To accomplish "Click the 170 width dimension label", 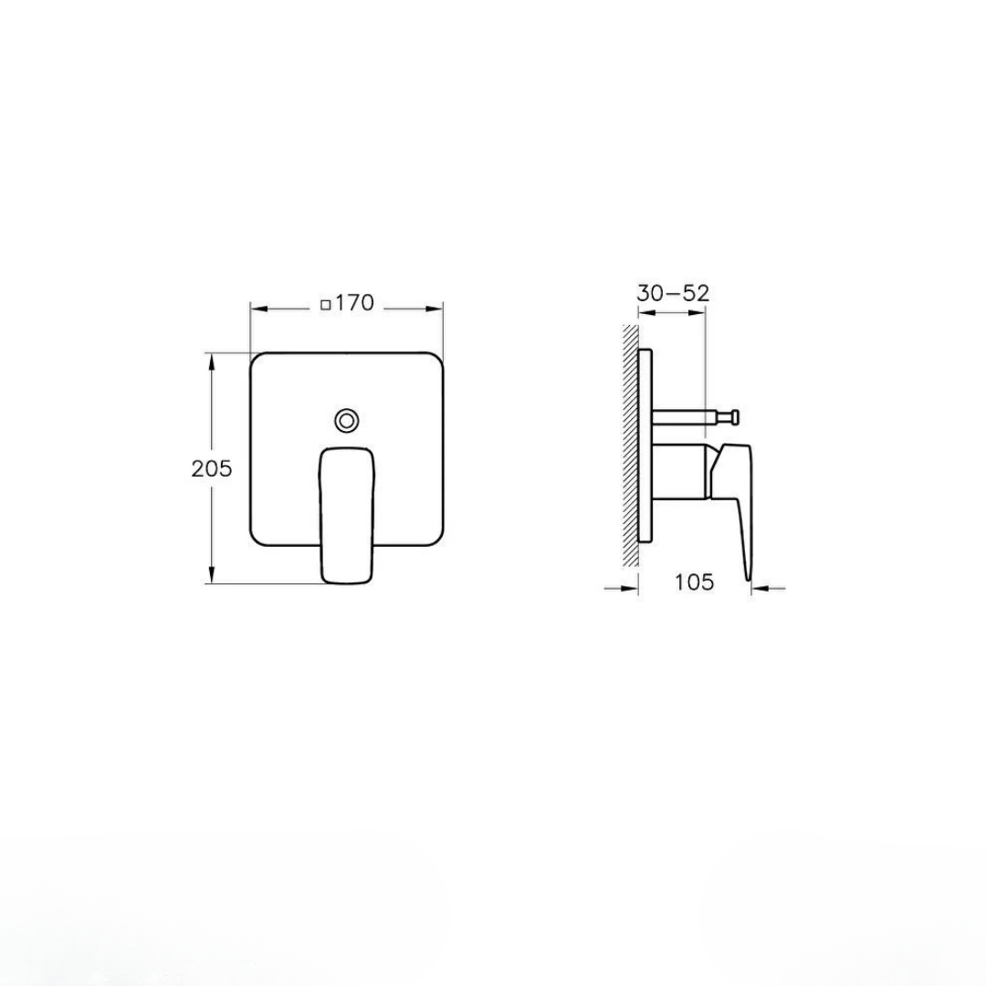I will (354, 303).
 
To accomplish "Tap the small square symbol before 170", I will (326, 306).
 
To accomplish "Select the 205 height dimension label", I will (212, 468).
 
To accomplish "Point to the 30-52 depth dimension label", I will (673, 293).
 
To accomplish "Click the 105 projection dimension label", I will (694, 582).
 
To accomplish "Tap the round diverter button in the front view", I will (347, 420).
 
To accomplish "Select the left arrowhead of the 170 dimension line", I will (257, 309).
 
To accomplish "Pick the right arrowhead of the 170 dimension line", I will (436, 309).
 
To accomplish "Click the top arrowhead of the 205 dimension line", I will (213, 361).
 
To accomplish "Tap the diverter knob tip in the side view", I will (733, 417).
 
